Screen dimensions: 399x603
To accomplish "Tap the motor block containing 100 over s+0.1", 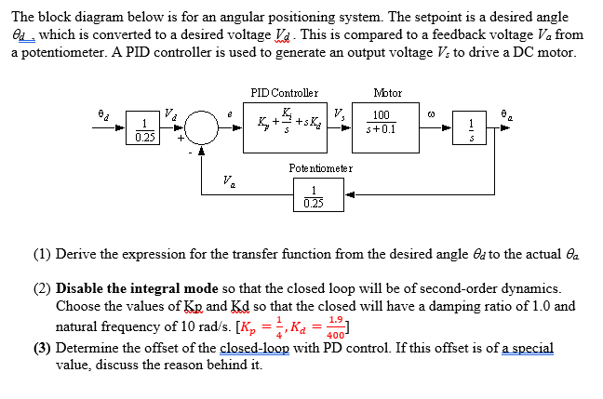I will [382, 122].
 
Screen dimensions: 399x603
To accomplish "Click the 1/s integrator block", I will [472, 129].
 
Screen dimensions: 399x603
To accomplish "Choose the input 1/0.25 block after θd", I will [145, 129].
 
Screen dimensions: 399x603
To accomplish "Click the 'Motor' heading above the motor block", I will [386, 93].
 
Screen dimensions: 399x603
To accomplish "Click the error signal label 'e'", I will [231, 113].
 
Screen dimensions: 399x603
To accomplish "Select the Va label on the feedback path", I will [227, 180].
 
